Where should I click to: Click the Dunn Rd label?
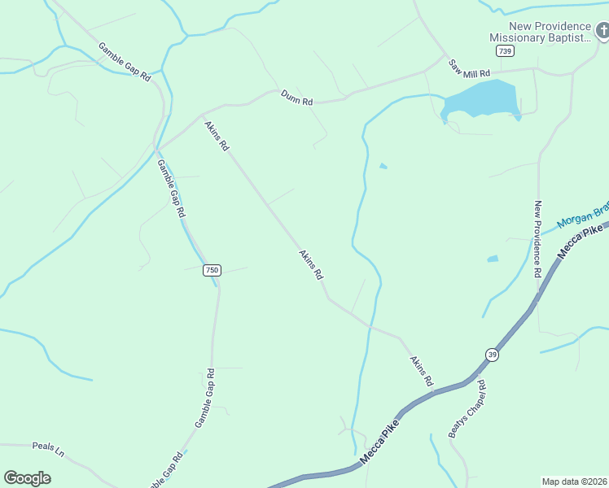click(x=296, y=98)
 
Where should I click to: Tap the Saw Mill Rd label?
click(x=472, y=73)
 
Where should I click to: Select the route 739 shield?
click(x=506, y=51)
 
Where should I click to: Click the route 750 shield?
click(x=212, y=270)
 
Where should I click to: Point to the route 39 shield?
click(x=492, y=355)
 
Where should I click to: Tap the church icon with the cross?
click(x=602, y=32)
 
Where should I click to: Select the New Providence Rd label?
click(x=537, y=239)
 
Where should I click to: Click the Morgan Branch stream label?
click(x=583, y=215)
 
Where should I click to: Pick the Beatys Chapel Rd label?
click(x=467, y=409)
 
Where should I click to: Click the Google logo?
click(x=28, y=478)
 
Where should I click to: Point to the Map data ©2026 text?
click(x=575, y=481)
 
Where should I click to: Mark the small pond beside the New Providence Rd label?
click(x=493, y=259)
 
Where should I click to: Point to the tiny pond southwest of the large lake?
click(x=383, y=167)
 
